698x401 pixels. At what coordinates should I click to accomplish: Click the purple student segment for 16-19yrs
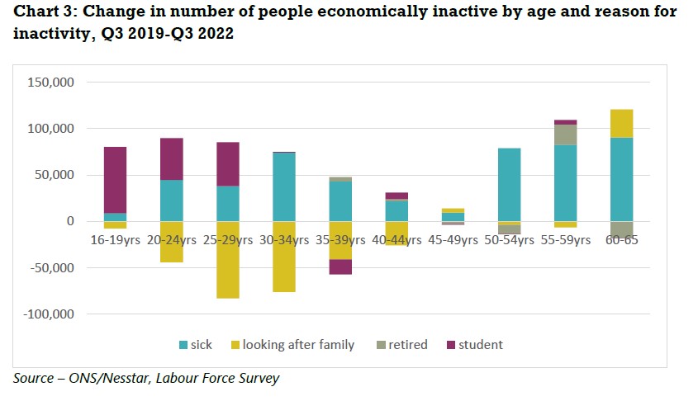pyautogui.click(x=115, y=180)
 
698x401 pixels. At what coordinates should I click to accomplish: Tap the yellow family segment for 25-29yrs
pyautogui.click(x=228, y=259)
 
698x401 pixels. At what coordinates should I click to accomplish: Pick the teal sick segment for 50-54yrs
pyautogui.click(x=509, y=185)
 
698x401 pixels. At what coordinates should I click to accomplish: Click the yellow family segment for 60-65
pyautogui.click(x=621, y=123)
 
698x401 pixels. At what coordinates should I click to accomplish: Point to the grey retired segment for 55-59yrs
pyautogui.click(x=565, y=134)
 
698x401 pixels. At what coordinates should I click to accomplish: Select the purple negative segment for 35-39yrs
pyautogui.click(x=340, y=267)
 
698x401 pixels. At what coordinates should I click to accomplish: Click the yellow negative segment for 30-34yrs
pyautogui.click(x=284, y=257)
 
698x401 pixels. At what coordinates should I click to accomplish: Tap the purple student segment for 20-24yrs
pyautogui.click(x=172, y=158)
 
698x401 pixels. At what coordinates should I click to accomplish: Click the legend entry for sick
pyautogui.click(x=195, y=345)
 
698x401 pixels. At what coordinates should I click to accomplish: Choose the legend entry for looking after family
pyautogui.click(x=293, y=345)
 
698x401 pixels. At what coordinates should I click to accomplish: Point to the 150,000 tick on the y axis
pyautogui.click(x=52, y=83)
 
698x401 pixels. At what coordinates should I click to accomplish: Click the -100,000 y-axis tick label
pyautogui.click(x=50, y=314)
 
